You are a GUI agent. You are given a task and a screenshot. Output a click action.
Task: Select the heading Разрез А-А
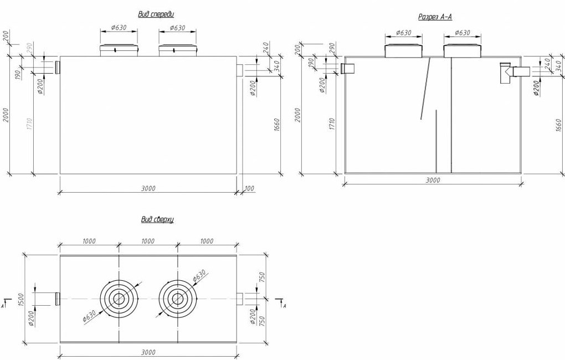pos(435,17)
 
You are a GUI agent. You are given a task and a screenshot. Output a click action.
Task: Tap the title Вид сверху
pos(157,220)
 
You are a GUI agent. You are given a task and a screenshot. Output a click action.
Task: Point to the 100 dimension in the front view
pos(249,189)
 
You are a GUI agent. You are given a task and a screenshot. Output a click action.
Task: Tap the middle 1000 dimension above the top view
pos(148,241)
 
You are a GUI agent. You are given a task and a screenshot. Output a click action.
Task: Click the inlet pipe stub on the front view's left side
pos(57,68)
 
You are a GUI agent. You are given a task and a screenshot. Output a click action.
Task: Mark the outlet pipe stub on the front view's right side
pos(240,71)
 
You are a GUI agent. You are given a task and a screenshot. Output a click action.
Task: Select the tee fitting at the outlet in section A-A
pos(505,73)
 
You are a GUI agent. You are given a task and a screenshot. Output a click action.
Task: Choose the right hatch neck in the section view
pos(462,50)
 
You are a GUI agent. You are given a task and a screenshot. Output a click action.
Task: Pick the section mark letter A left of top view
pos(4,305)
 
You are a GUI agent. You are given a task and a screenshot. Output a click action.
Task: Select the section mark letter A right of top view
pos(284,305)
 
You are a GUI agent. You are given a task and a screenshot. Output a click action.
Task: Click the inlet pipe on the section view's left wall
pos(349,69)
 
